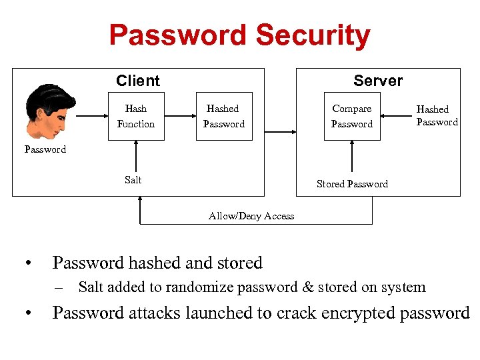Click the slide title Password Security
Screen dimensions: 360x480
[239, 35]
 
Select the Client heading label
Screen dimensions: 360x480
[137, 81]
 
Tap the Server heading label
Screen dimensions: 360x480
[378, 81]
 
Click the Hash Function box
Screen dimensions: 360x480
[136, 116]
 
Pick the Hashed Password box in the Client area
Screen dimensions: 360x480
[224, 116]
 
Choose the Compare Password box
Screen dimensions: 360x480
[352, 116]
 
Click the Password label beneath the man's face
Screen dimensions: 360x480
[45, 149]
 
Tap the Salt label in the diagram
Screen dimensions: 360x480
[133, 179]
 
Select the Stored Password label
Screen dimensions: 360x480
[352, 184]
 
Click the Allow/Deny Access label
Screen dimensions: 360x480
[251, 215]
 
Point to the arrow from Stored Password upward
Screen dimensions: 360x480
[352, 159]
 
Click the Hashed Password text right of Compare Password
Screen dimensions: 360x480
[437, 115]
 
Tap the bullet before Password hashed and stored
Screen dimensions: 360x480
[26, 264]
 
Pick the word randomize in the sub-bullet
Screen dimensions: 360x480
[199, 288]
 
